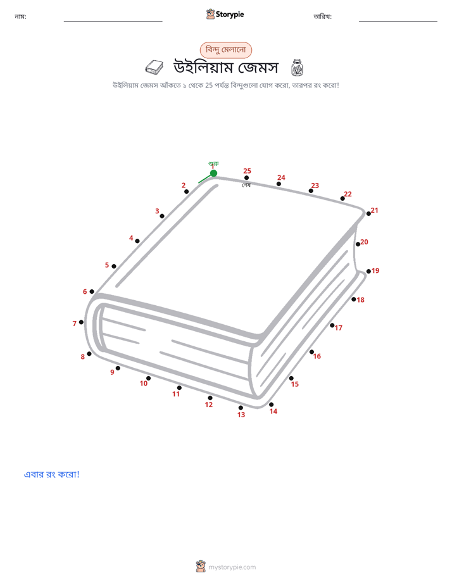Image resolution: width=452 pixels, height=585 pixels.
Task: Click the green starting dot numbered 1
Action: point(214,173)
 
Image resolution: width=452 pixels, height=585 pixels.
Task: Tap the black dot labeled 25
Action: point(246,177)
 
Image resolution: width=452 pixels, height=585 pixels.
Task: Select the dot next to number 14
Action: point(271,405)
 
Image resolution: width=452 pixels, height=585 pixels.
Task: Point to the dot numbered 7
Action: point(81,322)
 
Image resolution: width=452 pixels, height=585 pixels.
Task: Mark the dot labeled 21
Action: point(368,214)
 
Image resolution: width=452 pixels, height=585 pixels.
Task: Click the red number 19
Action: point(375,270)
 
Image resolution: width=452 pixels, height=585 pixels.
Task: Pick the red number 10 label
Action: point(144,383)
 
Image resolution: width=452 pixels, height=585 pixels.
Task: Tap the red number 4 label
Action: point(131,237)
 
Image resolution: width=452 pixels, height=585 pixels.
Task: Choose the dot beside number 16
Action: point(311,352)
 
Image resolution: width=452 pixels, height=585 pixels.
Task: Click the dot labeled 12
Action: point(210,398)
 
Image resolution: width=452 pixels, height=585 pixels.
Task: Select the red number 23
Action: point(315,186)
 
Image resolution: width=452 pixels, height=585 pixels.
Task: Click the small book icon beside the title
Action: point(154,68)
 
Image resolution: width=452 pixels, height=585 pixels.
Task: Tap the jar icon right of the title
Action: point(297,68)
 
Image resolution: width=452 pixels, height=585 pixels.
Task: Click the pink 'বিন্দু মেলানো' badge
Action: point(226,50)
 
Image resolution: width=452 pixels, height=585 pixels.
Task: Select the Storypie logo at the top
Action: point(225,14)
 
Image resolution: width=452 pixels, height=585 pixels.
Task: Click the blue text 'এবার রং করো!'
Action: point(52,474)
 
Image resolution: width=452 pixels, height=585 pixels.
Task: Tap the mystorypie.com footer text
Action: point(232,567)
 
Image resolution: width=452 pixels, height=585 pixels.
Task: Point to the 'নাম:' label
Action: point(20,16)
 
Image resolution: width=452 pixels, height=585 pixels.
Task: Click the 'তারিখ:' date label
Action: point(323,16)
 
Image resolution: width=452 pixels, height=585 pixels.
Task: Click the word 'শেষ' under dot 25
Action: point(246,185)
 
